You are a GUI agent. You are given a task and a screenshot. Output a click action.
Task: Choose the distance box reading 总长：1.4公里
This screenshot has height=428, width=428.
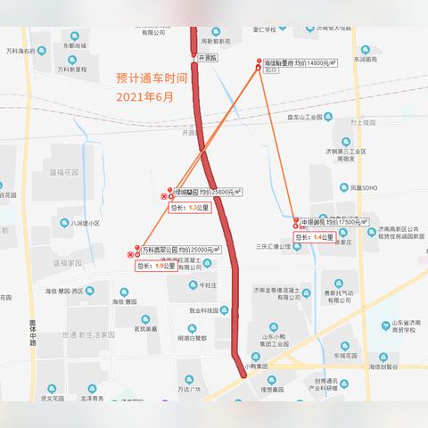tap(314, 237)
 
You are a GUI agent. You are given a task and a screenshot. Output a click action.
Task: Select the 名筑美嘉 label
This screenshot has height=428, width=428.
tap(144, 328)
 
